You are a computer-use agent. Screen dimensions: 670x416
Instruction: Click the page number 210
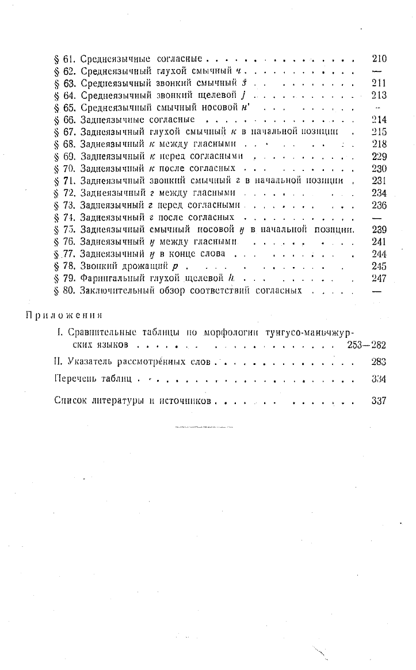click(379, 59)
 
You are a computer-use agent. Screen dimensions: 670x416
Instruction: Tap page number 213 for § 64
click(379, 96)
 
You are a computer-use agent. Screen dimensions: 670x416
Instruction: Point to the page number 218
click(379, 144)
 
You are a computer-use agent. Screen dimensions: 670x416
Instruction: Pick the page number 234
click(379, 193)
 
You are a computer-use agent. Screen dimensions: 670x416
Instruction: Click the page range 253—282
click(367, 345)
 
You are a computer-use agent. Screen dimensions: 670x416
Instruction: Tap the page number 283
click(379, 362)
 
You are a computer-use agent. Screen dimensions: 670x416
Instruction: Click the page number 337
click(379, 400)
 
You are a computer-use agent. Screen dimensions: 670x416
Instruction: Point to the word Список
click(70, 400)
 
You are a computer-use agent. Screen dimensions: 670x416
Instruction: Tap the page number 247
click(379, 278)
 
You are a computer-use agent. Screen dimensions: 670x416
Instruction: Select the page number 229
click(379, 157)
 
